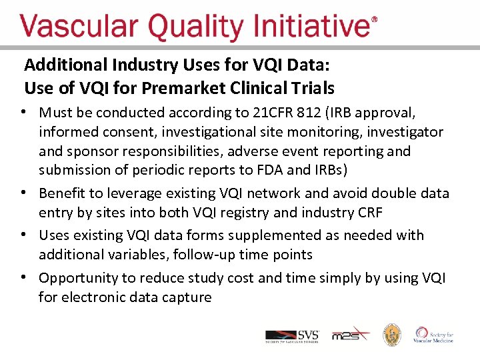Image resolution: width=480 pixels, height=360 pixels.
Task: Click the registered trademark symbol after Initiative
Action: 373,20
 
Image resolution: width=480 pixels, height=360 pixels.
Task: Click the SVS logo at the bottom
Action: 293,335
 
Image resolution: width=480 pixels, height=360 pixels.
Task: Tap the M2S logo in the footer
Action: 350,335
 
